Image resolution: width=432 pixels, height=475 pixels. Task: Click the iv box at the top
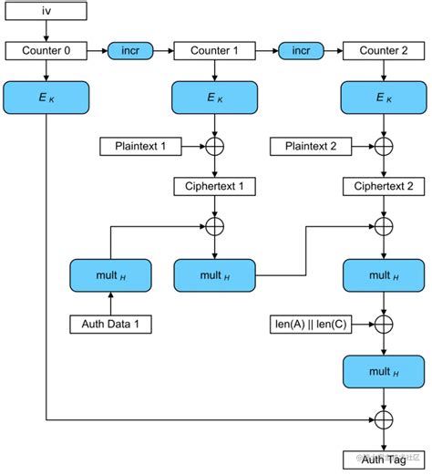(x=46, y=12)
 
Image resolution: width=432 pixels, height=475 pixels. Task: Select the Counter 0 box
(x=46, y=51)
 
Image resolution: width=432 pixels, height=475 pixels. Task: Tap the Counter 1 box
(x=214, y=51)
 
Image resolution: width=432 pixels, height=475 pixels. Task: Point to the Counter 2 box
(x=384, y=51)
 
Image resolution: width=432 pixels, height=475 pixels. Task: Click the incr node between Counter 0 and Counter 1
(x=129, y=51)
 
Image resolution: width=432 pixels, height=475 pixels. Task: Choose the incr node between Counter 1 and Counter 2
(x=299, y=51)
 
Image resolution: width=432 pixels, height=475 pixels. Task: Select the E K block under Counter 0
(x=46, y=98)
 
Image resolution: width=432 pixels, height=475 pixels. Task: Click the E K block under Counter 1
(x=214, y=98)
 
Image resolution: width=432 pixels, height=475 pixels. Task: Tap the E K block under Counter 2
(x=384, y=98)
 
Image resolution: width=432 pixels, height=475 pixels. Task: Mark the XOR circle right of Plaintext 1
(x=215, y=146)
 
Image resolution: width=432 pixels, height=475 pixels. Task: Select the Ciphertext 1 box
(x=214, y=187)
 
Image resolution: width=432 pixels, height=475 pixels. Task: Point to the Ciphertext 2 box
(x=384, y=187)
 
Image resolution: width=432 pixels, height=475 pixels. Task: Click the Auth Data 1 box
(x=110, y=323)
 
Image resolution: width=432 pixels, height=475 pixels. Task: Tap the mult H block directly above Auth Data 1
(x=110, y=274)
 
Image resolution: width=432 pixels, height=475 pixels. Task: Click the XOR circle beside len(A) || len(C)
(x=384, y=323)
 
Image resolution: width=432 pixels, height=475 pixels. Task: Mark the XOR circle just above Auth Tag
(x=384, y=418)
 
